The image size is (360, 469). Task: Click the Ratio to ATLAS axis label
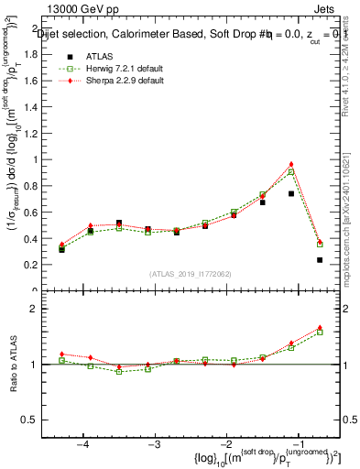16,365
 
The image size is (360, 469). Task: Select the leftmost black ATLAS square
61,249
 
